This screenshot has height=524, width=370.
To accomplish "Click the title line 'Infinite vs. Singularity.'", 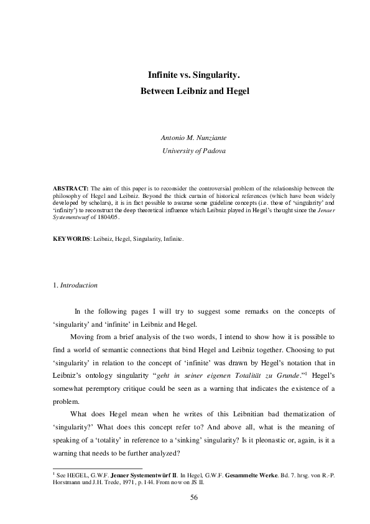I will coord(185,75).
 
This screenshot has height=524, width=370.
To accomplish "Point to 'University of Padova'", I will coord(185,151).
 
